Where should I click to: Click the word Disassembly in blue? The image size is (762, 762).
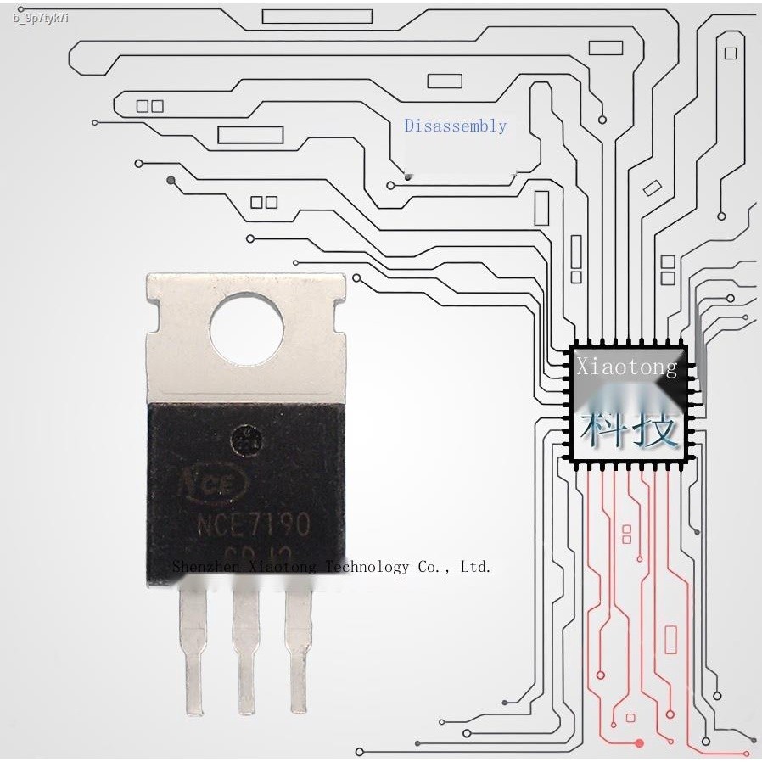click(x=455, y=126)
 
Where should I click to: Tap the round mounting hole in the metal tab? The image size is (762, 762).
click(x=246, y=332)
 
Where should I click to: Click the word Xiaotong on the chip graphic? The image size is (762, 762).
click(x=626, y=367)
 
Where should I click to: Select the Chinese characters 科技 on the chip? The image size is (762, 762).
click(x=629, y=429)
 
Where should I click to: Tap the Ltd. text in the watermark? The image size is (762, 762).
click(x=475, y=567)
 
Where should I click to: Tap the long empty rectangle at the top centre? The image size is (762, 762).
click(x=317, y=16)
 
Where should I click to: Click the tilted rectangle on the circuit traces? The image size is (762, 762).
click(x=652, y=188)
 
